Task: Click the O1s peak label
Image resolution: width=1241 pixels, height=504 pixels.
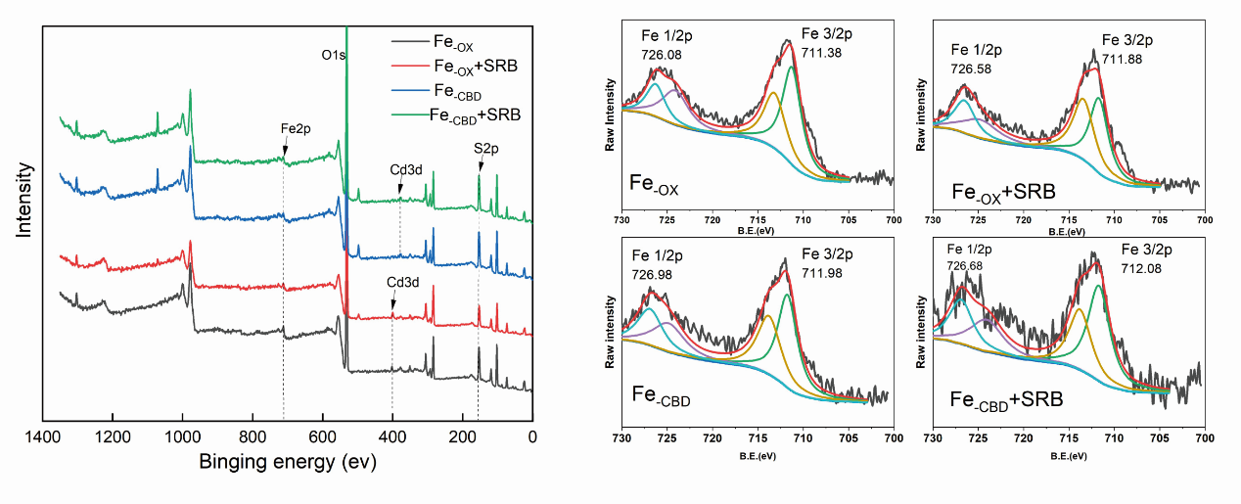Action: click(334, 55)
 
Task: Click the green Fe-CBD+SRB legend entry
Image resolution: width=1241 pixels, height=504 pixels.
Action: click(475, 115)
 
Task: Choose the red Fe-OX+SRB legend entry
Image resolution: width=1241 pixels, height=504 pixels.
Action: click(474, 66)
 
